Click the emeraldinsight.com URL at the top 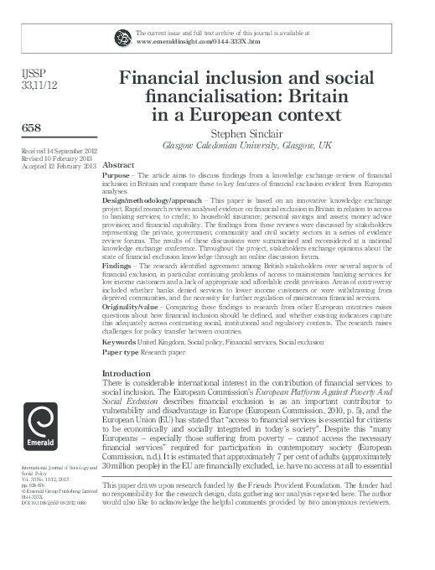[x=189, y=41]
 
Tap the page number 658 [x=18, y=127]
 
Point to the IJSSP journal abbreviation [x=19, y=74]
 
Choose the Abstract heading [x=118, y=166]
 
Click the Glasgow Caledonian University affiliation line [x=251, y=145]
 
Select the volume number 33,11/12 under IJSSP [x=24, y=85]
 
